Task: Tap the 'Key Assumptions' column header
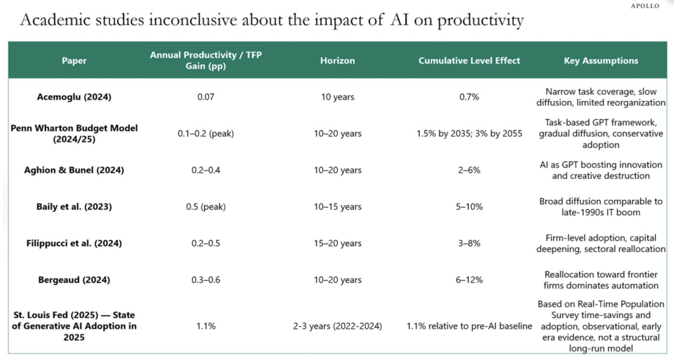(x=601, y=60)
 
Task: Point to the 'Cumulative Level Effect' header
(x=469, y=60)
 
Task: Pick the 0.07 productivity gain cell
(x=206, y=97)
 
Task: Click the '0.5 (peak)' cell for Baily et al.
(x=206, y=206)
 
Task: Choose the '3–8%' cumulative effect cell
(x=469, y=243)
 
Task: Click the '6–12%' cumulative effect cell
(x=469, y=280)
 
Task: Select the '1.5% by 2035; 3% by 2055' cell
(x=469, y=133)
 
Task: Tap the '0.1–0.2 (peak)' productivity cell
(x=206, y=133)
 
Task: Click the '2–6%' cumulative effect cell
(x=469, y=170)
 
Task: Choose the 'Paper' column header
(x=74, y=60)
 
